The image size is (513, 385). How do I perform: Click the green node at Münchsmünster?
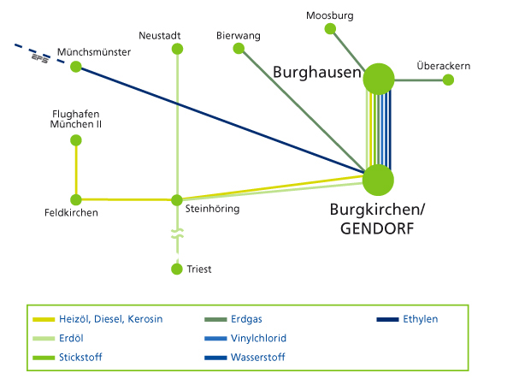point(75,67)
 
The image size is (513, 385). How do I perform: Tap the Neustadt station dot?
point(177,49)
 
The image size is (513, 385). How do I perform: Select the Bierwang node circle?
point(239,49)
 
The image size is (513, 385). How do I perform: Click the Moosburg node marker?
point(330,29)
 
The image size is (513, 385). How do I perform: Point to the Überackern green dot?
point(447,80)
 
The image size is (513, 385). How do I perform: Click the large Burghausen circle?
point(378,80)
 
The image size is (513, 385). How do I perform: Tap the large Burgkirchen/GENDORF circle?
point(378,181)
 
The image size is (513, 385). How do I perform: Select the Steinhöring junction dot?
point(177,200)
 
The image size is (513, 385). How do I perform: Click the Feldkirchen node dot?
point(75,199)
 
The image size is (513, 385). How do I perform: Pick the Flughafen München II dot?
point(75,140)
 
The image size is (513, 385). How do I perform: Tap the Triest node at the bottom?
point(177,269)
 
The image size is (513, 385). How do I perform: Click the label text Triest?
point(199,269)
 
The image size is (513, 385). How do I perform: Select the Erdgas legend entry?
point(247,319)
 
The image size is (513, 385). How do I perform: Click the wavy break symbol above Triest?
point(177,233)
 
